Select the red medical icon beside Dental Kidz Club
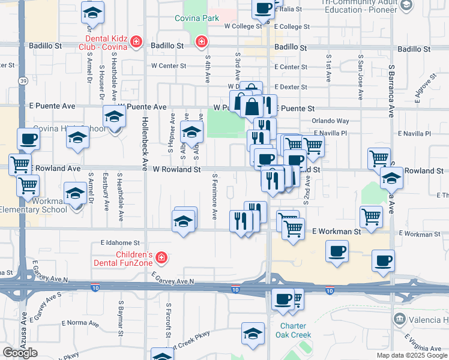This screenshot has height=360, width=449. [x=137, y=41]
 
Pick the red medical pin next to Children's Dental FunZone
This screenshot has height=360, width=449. [x=160, y=258]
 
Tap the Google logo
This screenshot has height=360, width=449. [x=20, y=352]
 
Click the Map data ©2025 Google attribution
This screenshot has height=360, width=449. [x=412, y=355]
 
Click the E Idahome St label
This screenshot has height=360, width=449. [x=119, y=243]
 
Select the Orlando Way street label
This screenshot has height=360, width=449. [x=330, y=121]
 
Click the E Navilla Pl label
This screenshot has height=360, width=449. [x=414, y=133]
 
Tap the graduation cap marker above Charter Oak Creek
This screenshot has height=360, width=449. [x=253, y=334]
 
